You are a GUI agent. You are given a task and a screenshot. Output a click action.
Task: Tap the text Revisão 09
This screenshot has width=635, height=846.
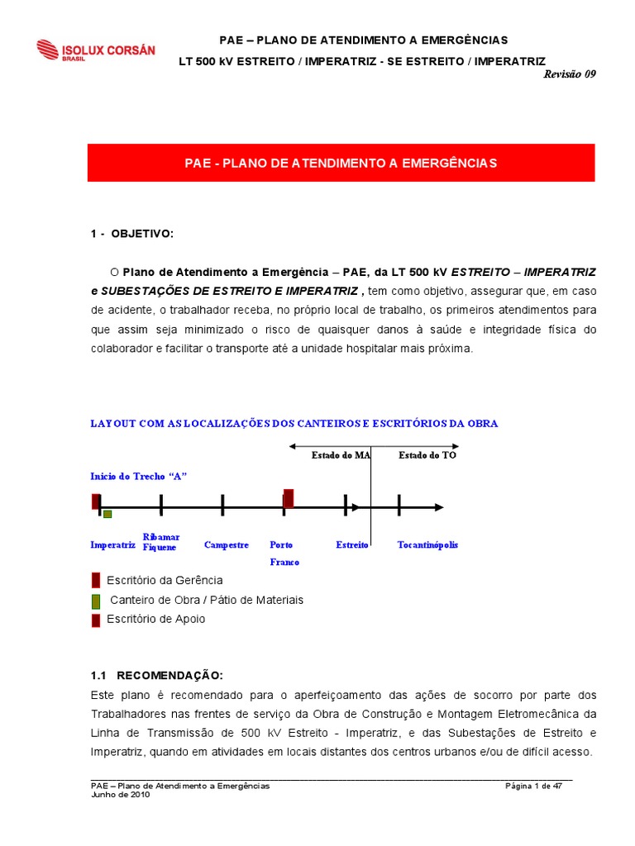click(569, 74)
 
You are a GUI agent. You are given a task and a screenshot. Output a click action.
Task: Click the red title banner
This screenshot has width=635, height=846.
click(341, 164)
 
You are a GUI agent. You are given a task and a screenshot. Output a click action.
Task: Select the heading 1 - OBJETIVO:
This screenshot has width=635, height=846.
click(132, 234)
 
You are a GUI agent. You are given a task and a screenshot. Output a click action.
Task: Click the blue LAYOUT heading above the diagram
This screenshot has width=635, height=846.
click(294, 424)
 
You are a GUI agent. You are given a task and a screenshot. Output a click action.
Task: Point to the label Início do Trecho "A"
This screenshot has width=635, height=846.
click(139, 477)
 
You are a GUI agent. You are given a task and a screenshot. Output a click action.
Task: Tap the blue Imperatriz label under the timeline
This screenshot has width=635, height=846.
click(112, 545)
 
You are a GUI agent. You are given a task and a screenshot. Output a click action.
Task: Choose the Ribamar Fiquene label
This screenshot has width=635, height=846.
click(161, 542)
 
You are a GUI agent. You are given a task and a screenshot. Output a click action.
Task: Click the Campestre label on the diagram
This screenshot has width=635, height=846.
click(227, 545)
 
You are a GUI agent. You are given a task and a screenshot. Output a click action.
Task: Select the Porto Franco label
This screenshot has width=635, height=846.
click(284, 554)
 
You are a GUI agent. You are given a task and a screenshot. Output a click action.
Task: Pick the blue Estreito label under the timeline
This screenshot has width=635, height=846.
click(352, 545)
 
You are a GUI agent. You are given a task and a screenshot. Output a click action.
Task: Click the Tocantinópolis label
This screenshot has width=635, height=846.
click(427, 545)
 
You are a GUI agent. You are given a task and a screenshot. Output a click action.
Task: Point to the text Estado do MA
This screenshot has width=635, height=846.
click(341, 455)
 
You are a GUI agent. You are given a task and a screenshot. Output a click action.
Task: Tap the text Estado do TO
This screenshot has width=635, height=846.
click(427, 455)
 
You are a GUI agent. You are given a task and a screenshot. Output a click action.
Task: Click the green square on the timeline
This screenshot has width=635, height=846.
click(107, 515)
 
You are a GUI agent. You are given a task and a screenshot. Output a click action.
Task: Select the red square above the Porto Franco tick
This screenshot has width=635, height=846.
click(289, 498)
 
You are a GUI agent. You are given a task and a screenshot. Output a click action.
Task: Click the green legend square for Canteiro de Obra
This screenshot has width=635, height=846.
click(96, 600)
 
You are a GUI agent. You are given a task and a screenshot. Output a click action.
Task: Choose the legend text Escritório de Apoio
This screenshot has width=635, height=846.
click(156, 619)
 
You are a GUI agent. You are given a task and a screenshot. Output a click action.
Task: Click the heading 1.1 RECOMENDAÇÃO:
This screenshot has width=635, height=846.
click(157, 676)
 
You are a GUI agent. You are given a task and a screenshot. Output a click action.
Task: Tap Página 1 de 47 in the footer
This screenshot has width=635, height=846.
click(533, 786)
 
